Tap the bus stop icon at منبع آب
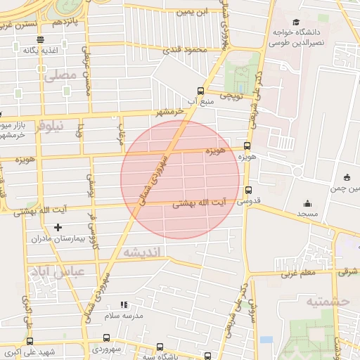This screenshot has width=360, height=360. pos(201,91)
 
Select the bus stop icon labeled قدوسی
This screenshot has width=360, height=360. pos(247,190)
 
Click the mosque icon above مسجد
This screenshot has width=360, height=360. pos(307,202)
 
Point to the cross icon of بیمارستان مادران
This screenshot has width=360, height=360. pos(58,227)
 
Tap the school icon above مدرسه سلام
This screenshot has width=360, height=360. pos(124,305)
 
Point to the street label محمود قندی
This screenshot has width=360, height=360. pos(186,50)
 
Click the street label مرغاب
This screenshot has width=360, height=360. pos(121,131)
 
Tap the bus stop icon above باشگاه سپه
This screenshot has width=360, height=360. pos(160,347)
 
